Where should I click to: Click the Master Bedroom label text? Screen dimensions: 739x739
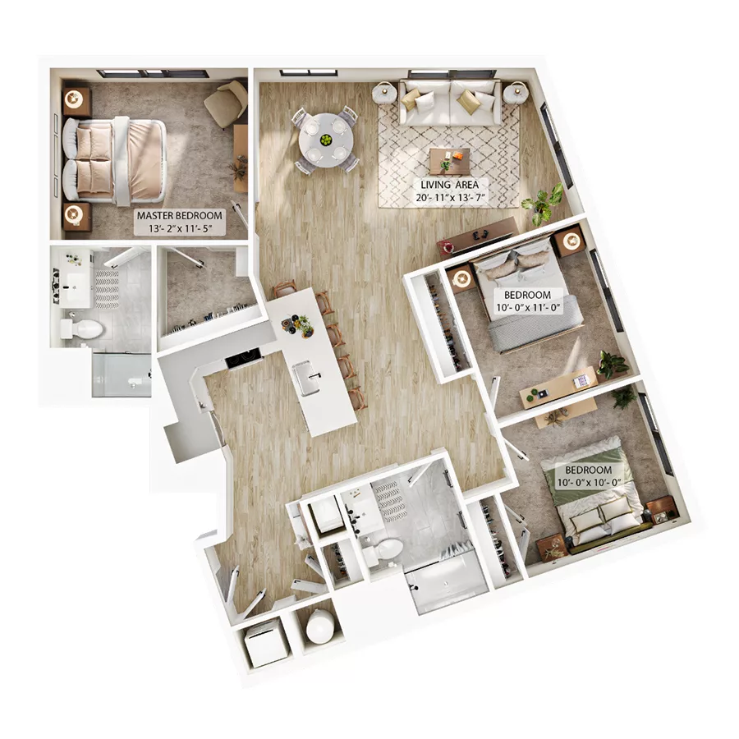[179, 217]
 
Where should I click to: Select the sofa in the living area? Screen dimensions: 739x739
[450, 103]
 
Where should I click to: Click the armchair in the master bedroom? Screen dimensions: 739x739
[225, 103]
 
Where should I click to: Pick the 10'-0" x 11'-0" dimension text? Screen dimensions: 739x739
[528, 309]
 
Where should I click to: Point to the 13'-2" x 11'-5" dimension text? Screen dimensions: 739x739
[179, 229]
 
